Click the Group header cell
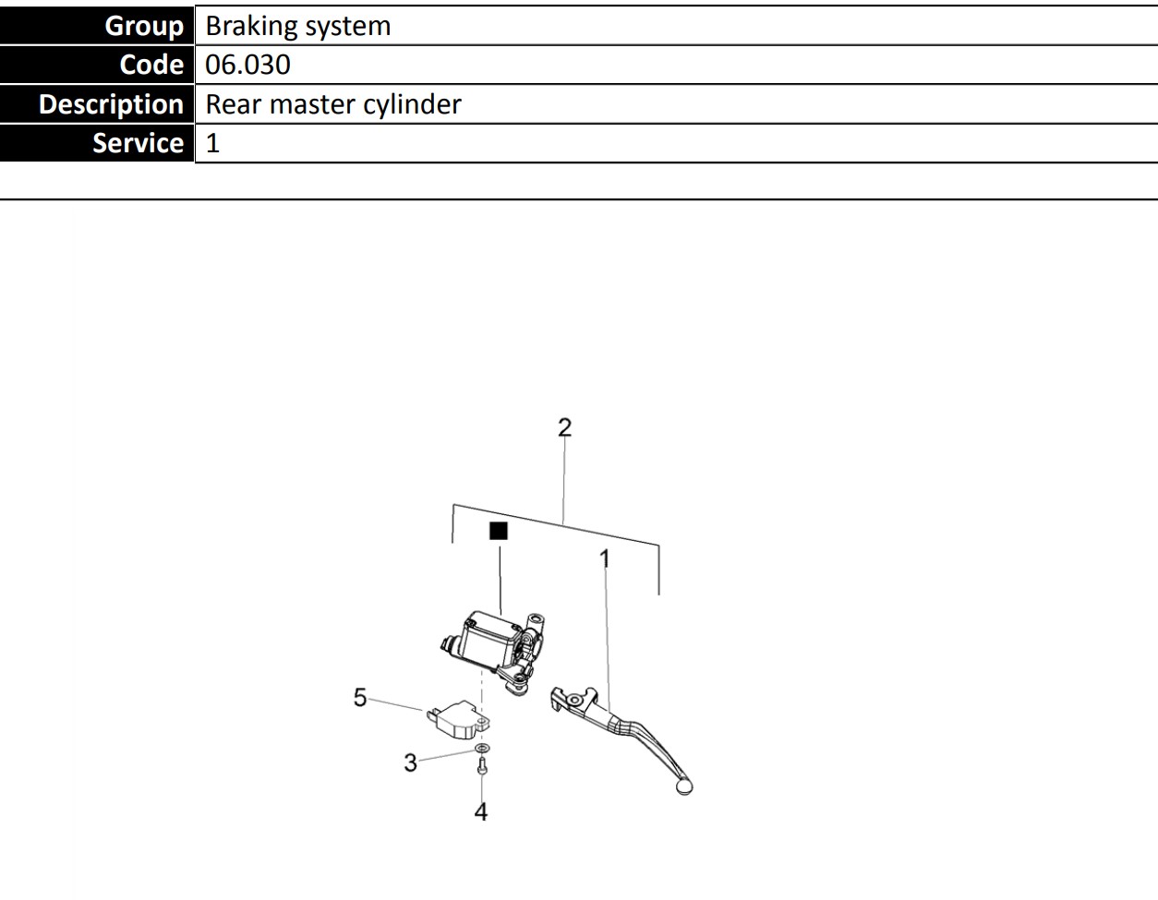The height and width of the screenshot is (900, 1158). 97,25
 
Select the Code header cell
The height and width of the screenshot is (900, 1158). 97,65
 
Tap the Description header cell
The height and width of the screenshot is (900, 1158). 97,104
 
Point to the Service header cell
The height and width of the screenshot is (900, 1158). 97,143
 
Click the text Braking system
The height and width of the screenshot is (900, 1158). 297,26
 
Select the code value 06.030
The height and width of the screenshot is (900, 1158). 247,65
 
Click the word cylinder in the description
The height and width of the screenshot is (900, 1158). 411,104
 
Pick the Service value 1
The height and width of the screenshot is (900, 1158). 212,144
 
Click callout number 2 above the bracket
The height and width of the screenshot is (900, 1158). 564,427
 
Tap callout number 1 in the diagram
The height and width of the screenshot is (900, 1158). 605,558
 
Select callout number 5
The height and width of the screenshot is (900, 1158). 360,697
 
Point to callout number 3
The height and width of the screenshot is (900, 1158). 410,762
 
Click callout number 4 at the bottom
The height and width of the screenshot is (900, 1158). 480,811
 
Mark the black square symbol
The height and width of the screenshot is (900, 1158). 499,531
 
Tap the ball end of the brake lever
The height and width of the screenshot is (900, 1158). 683,786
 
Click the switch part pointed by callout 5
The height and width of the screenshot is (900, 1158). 455,717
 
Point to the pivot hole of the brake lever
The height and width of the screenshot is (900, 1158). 574,701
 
